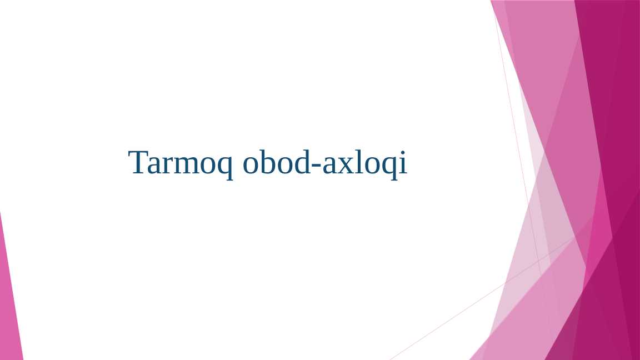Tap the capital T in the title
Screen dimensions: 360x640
tap(138, 162)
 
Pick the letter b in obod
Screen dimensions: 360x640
tap(270, 162)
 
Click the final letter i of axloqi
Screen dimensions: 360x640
tap(403, 162)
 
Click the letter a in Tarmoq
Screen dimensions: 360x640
tap(155, 165)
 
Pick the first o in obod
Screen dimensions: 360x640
tap(253, 165)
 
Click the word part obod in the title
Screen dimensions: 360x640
tap(277, 163)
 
